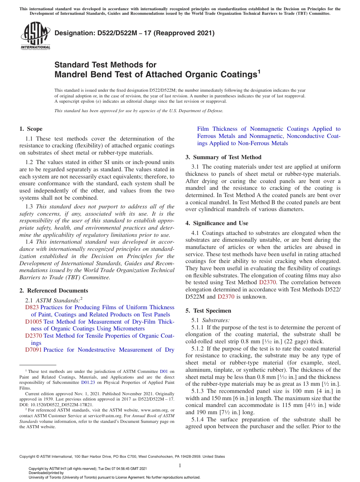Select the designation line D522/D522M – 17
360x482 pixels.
click(x=135, y=33)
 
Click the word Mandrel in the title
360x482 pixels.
click(x=70, y=74)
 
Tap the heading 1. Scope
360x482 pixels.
click(x=31, y=129)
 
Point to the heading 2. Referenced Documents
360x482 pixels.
click(x=53, y=291)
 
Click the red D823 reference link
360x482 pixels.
click(x=32, y=307)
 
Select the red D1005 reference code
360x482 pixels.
click(x=33, y=322)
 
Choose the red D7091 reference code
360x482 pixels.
click(x=33, y=350)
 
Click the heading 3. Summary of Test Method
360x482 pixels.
click(x=223, y=157)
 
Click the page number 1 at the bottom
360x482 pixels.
click(x=180, y=465)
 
